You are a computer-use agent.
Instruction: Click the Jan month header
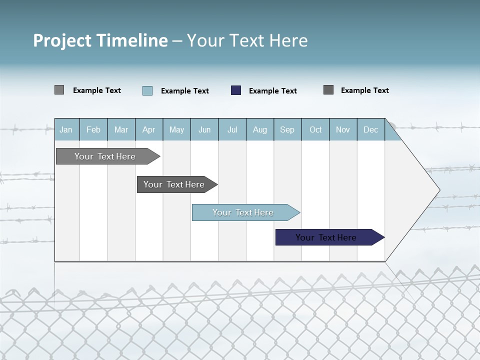pos(66,129)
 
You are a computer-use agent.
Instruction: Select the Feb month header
pos(93,129)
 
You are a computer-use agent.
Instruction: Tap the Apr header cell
pos(149,129)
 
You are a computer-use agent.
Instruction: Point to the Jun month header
pos(204,129)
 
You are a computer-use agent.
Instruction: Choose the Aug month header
pos(260,129)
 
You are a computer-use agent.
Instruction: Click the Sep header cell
pos(287,129)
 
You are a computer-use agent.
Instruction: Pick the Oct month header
pos(315,129)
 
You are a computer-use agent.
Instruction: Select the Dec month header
pos(371,129)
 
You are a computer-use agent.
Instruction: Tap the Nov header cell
pos(343,129)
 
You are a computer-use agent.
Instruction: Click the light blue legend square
pos(147,90)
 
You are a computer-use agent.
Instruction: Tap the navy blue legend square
pos(236,90)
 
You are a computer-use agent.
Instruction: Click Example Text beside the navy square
pos(273,91)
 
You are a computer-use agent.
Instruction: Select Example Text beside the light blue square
pos(185,91)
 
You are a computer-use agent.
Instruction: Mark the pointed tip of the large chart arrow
pos(439,189)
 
